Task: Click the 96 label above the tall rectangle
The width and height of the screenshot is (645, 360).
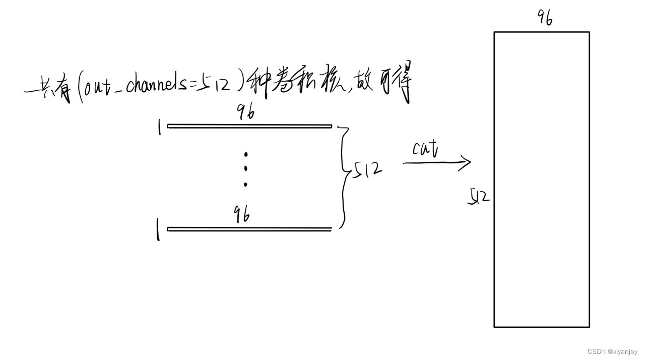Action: tap(545, 18)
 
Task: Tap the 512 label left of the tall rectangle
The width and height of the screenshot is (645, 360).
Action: tap(479, 197)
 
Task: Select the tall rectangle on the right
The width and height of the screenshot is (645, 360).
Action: tap(541, 179)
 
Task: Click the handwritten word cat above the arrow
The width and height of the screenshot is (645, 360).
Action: tap(425, 148)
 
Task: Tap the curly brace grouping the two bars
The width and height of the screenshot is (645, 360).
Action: tap(344, 176)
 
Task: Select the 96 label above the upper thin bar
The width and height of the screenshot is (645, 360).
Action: tap(246, 113)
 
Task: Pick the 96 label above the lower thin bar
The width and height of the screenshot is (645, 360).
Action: tap(242, 215)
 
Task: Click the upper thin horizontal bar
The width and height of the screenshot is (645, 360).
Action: tap(249, 126)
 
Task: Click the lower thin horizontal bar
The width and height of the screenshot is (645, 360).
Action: tap(249, 229)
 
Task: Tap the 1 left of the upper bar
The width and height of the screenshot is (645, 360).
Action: tap(159, 128)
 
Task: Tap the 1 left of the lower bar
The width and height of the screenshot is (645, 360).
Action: tap(158, 230)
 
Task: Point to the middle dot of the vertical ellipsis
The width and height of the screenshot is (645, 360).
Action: tap(246, 168)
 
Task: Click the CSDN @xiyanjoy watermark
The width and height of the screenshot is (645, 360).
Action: tap(612, 351)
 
